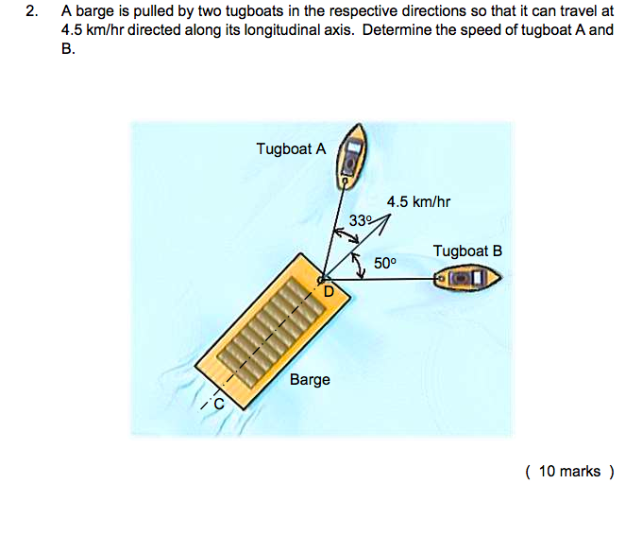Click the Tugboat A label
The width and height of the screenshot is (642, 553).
291,148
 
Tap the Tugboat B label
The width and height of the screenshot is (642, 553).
467,251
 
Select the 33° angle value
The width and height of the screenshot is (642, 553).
360,220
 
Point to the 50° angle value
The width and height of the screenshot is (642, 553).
385,263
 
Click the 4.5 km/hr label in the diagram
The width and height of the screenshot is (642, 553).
418,201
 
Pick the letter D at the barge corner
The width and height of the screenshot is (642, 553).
329,291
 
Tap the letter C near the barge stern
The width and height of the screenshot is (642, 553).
219,404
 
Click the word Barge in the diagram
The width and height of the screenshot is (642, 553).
310,380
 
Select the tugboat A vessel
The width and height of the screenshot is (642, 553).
351,157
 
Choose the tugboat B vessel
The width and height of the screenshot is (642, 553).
467,278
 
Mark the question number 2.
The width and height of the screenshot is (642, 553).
31,11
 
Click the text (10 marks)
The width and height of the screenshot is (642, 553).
569,472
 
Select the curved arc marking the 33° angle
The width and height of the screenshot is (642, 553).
346,234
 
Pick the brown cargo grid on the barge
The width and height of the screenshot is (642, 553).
271,331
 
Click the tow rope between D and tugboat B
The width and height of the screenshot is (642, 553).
380,280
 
